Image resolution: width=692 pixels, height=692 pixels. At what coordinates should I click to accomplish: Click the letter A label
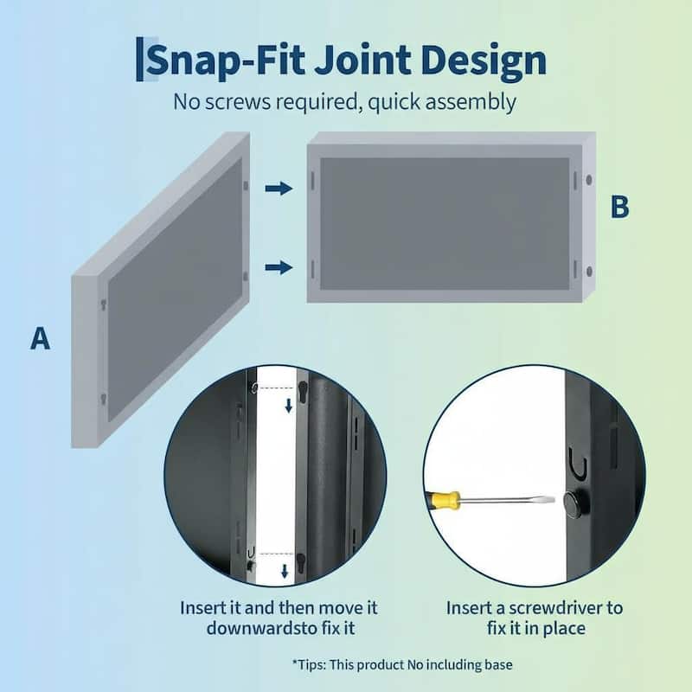(x=40, y=338)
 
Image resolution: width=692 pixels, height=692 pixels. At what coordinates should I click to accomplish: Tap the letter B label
(x=619, y=208)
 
